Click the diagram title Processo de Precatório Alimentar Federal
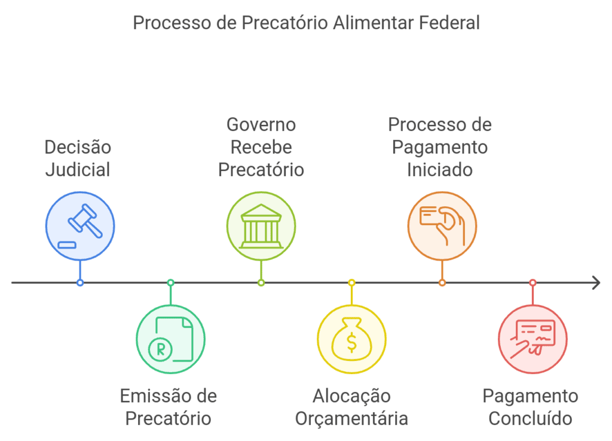click(306, 23)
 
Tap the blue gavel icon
click(80, 226)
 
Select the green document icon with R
click(171, 339)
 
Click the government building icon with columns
click(261, 226)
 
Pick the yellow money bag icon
click(351, 339)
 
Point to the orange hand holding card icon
click(442, 226)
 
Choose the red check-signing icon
click(533, 339)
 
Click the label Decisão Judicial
click(78, 158)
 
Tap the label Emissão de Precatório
click(169, 407)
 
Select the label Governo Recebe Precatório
click(261, 147)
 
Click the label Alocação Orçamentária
click(351, 407)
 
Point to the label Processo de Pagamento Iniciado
click(440, 147)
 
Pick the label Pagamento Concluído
click(531, 407)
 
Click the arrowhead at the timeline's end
click(596, 283)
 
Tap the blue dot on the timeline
click(80, 283)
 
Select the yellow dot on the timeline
click(351, 283)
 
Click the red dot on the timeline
click(533, 283)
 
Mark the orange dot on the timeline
click(442, 283)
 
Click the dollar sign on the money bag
click(352, 342)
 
